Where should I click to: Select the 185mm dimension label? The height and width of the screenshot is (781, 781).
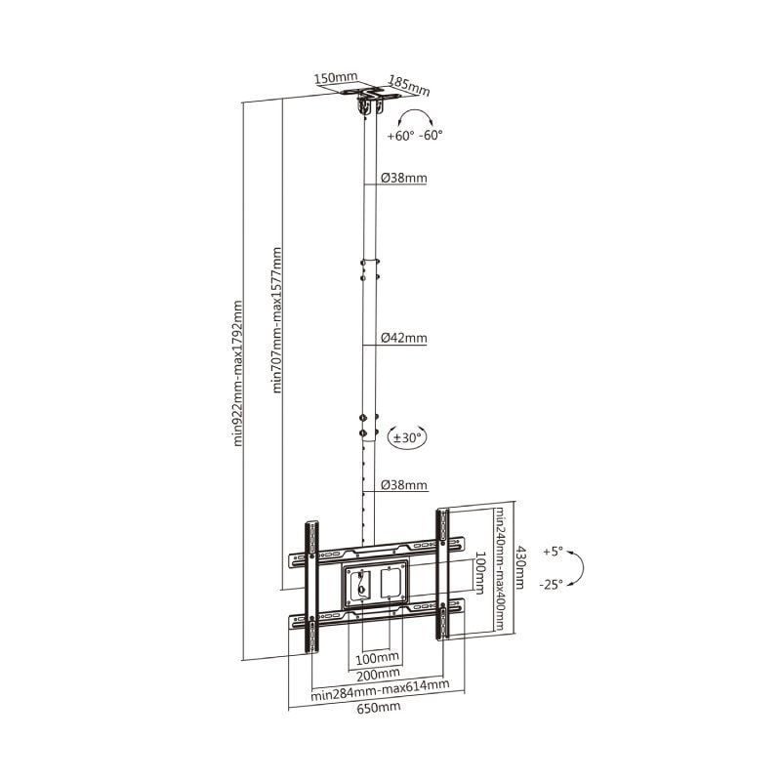coord(409,83)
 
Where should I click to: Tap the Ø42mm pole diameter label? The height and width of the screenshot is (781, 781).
coord(403,339)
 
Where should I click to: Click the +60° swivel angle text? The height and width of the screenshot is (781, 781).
coord(400,136)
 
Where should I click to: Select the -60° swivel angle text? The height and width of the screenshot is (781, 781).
coord(431,136)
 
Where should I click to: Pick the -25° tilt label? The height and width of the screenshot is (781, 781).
coord(551,584)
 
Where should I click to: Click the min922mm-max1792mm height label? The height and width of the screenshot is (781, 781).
coord(238,372)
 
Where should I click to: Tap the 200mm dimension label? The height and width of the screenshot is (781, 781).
coord(376,673)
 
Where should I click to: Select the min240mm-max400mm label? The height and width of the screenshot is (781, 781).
coord(500,569)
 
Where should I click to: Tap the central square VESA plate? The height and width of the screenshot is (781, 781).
coord(375,585)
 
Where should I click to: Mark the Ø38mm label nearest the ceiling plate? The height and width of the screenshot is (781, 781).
coord(403,179)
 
